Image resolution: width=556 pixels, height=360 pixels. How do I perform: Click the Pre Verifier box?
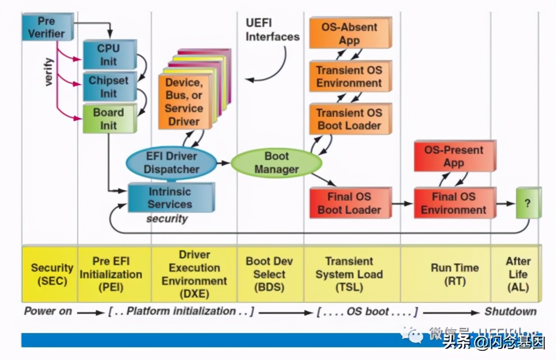[47, 27]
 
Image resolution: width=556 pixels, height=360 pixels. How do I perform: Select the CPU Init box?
[109, 55]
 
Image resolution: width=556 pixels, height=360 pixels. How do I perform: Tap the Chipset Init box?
[109, 86]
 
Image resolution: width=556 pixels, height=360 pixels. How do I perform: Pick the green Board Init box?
[109, 119]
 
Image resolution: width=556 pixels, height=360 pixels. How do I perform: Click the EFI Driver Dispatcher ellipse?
[171, 163]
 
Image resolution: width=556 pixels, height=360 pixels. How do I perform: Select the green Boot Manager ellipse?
[276, 163]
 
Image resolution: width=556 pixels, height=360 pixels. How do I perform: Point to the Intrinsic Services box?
[170, 198]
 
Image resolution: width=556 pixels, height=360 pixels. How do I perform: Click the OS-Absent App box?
[349, 33]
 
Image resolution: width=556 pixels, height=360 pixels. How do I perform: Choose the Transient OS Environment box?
[349, 76]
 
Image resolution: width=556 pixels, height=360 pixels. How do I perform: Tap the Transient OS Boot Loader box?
[349, 119]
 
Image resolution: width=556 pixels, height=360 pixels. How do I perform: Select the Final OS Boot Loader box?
[349, 203]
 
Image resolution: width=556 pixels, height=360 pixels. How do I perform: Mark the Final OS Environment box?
[453, 203]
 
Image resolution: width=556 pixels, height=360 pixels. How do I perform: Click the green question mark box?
[528, 203]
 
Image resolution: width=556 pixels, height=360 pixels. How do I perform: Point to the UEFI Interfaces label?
[272, 30]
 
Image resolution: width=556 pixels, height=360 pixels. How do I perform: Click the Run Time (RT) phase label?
[454, 274]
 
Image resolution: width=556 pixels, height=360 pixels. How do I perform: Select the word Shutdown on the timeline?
[511, 311]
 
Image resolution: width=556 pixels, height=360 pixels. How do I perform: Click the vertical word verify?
[49, 71]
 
